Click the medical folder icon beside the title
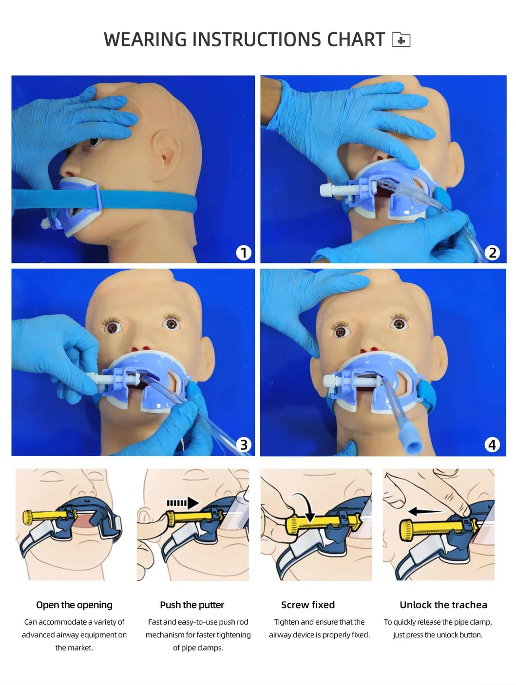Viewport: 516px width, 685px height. tap(401, 39)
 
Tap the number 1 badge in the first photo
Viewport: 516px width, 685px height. tap(244, 253)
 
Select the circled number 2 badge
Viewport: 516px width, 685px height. tap(492, 253)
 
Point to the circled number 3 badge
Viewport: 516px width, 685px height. tap(244, 444)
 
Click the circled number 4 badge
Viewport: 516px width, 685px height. tap(492, 444)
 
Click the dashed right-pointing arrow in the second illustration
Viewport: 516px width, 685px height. tap(183, 503)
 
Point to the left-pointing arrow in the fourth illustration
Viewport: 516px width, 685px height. tap(426, 511)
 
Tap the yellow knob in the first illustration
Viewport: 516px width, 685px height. tap(28, 517)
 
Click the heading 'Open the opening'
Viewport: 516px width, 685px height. tap(74, 605)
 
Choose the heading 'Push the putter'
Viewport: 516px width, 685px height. tap(192, 605)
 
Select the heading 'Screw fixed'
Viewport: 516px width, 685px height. tap(307, 605)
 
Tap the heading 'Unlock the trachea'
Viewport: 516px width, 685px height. tap(443, 605)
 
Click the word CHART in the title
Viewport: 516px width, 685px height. tap(356, 39)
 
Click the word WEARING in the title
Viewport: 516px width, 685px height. tap(145, 39)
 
